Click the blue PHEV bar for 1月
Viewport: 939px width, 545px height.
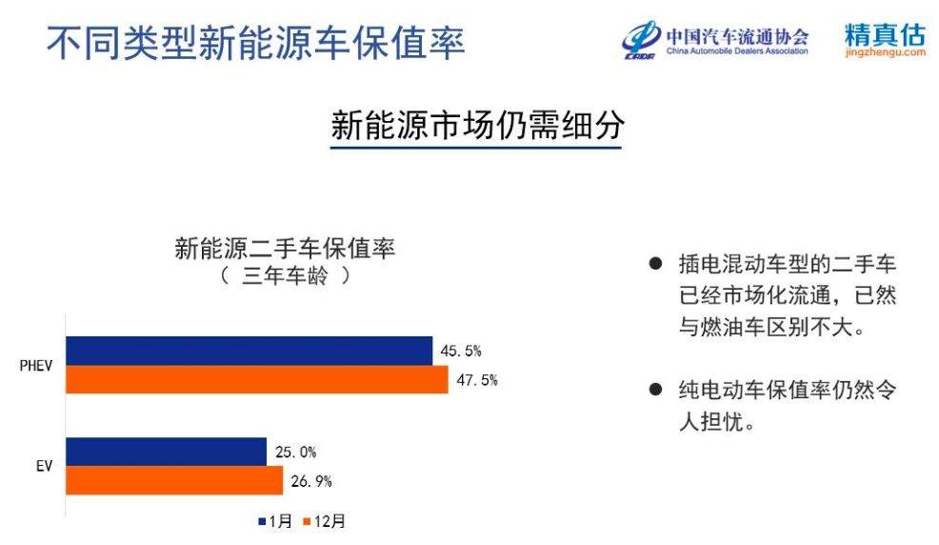250,351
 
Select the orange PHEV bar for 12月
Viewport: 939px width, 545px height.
257,380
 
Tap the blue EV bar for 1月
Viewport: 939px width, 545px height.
166,452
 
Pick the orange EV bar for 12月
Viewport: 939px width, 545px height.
174,480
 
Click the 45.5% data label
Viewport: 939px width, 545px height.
461,351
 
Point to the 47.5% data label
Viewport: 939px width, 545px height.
477,380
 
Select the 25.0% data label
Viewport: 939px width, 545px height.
295,453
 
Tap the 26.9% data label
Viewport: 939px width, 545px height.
310,481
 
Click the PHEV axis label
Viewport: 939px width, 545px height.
36,365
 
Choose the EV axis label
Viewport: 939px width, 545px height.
45,466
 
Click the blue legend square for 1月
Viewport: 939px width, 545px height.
262,521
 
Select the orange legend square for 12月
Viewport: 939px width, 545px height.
308,521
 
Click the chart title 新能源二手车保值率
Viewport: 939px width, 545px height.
285,248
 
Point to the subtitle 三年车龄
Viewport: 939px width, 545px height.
285,276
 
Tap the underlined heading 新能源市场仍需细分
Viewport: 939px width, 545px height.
477,125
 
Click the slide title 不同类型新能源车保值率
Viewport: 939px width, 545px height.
256,43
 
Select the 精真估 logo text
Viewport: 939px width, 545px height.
885,34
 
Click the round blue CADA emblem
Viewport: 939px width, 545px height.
641,39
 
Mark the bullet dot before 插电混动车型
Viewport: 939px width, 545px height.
656,264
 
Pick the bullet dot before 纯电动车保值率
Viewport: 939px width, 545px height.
656,390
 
